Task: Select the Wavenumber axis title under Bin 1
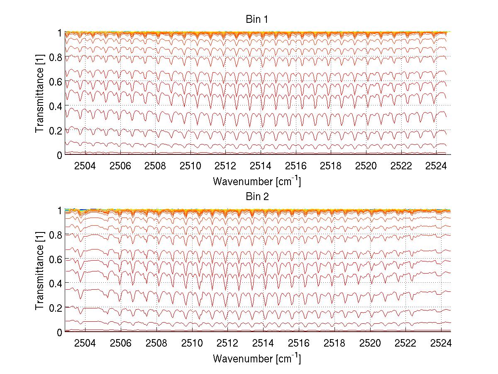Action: pos(257,181)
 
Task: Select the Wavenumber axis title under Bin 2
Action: pos(257,359)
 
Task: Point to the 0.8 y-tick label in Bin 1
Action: pos(56,57)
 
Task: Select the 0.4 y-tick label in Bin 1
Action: pos(56,106)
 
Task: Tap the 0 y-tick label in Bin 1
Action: pos(59,155)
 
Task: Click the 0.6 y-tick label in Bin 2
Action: pos(56,259)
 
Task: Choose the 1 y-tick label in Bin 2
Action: pos(59,210)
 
